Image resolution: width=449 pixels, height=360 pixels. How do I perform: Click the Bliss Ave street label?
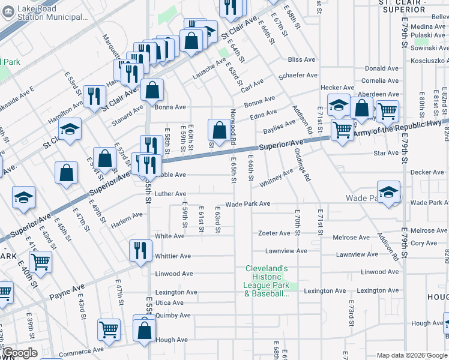302,60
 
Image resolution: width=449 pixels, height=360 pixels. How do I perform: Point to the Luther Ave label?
170,194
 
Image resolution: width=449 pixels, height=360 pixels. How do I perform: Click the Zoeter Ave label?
274,233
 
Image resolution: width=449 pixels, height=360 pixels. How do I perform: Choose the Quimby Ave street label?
173,315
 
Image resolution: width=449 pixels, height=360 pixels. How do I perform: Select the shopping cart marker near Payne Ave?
40,261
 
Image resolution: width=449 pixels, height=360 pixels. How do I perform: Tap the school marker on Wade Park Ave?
388,192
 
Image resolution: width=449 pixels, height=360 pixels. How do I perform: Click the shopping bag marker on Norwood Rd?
217,130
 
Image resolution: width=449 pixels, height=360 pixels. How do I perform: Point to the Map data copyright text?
411,355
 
